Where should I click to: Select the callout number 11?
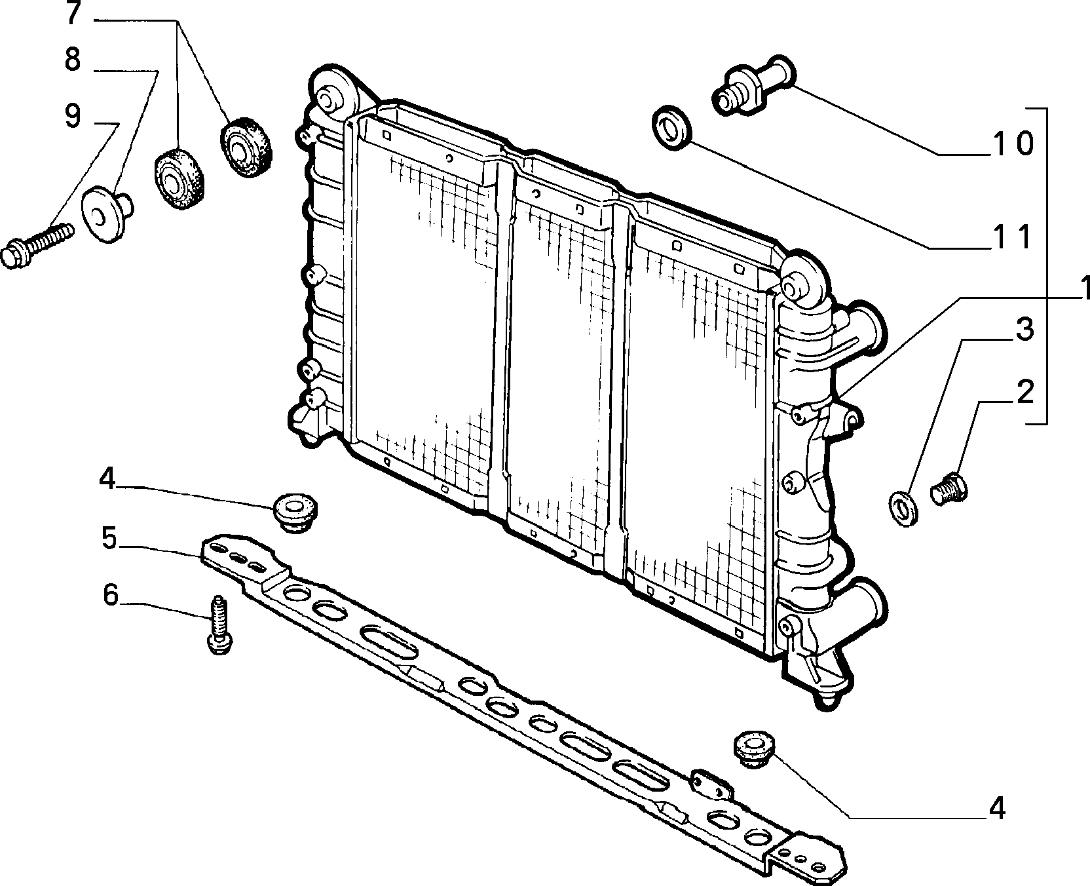pos(1011,237)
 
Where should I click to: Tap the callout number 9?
pos(73,116)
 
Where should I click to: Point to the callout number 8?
pos(72,60)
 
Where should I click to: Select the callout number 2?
pos(1024,392)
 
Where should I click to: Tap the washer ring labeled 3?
pos(903,507)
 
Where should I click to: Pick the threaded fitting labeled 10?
pos(753,85)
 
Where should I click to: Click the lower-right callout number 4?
pos(996,808)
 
